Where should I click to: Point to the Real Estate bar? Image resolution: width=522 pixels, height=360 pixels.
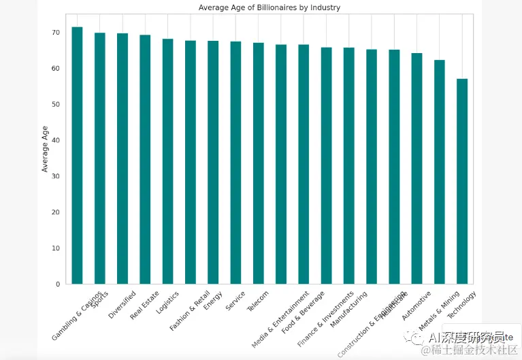click(x=145, y=159)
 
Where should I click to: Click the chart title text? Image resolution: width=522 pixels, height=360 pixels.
click(x=270, y=7)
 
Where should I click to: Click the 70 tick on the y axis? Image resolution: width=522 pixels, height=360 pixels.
click(x=55, y=33)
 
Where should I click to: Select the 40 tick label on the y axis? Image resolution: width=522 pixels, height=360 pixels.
click(x=55, y=141)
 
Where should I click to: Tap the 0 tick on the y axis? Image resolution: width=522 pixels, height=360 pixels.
click(x=57, y=284)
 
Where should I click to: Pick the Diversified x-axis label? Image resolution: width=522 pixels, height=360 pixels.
click(x=123, y=304)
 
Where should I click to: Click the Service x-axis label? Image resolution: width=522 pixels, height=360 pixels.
click(x=235, y=301)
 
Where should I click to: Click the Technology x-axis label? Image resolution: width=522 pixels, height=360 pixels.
click(x=462, y=306)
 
